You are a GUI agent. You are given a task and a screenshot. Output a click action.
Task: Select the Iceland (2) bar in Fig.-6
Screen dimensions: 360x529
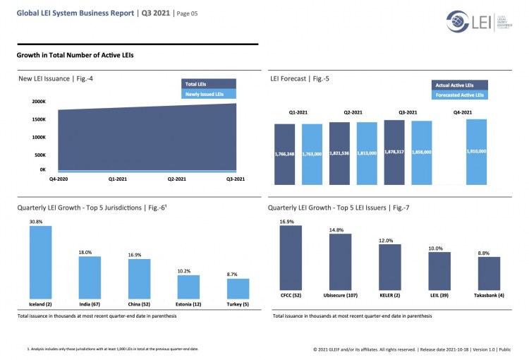[x=40, y=261]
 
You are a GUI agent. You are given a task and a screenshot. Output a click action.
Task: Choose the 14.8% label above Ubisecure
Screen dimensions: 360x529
[x=340, y=229]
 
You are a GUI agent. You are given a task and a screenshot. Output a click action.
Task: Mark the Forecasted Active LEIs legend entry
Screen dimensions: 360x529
[x=459, y=94]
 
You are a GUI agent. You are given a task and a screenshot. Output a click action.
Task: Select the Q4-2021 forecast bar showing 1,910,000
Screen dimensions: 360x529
[x=476, y=152]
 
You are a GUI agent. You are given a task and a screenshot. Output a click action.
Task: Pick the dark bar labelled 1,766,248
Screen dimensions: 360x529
[x=284, y=154]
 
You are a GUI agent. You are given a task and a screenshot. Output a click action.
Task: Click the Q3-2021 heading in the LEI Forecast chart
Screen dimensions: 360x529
[x=408, y=112]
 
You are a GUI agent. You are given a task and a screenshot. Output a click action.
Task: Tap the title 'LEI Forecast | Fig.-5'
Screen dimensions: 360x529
[x=300, y=78]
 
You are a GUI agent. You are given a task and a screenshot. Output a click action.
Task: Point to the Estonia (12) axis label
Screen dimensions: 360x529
[x=188, y=304]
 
